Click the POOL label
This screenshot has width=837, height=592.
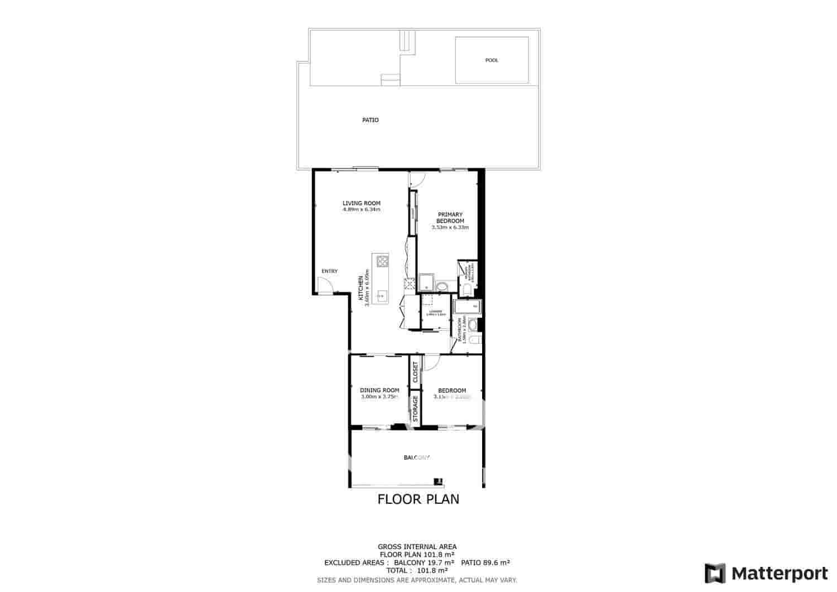(492, 60)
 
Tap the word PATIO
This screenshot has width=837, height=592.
(371, 120)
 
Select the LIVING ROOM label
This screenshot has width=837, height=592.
(362, 203)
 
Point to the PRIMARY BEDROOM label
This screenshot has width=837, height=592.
(450, 218)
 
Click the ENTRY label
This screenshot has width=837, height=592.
(329, 272)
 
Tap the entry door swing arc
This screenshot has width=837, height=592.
(324, 285)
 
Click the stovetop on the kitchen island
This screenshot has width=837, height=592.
(382, 261)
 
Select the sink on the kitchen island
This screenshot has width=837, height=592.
(382, 295)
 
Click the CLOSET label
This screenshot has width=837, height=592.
(415, 372)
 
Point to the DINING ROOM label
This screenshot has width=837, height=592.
(379, 391)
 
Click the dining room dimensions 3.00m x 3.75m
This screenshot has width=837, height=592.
(379, 397)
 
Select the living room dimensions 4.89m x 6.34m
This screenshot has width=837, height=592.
(362, 210)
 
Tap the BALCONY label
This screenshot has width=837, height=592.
(417, 458)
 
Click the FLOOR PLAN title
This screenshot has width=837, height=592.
(419, 499)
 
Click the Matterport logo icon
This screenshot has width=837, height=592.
(715, 574)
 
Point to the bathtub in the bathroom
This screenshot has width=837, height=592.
(467, 307)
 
